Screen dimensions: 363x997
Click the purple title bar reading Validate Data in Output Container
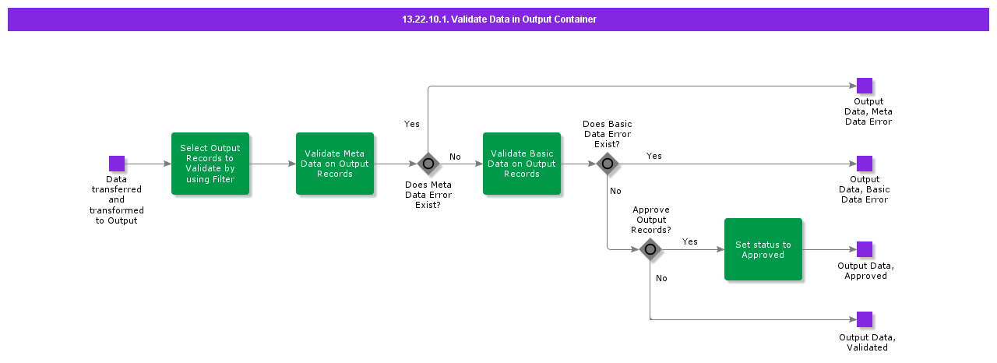498,19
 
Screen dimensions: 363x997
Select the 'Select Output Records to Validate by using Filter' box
210,164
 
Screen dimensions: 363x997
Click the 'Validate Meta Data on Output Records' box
335,164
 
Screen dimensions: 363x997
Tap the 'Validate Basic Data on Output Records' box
522,164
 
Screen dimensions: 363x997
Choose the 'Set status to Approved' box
763,249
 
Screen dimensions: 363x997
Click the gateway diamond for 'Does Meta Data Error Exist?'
428,164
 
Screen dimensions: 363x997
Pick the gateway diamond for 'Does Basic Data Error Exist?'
608,164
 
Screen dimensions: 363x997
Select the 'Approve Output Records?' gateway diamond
650,249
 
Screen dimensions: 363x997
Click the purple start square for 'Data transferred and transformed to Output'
117,164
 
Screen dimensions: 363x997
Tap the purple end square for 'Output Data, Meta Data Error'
865,86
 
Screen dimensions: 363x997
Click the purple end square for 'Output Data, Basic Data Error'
865,164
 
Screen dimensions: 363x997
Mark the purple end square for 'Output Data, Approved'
865,249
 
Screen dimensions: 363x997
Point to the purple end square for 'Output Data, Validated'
865,319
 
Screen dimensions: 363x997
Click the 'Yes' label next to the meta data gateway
412,124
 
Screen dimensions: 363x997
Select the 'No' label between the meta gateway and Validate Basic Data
455,157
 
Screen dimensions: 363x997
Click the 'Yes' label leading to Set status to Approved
690,241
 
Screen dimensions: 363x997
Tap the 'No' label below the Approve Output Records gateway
661,278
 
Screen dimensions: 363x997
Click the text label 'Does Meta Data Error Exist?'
428,195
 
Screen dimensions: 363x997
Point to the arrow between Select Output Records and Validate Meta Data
273,164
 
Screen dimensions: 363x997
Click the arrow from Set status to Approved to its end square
829,249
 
